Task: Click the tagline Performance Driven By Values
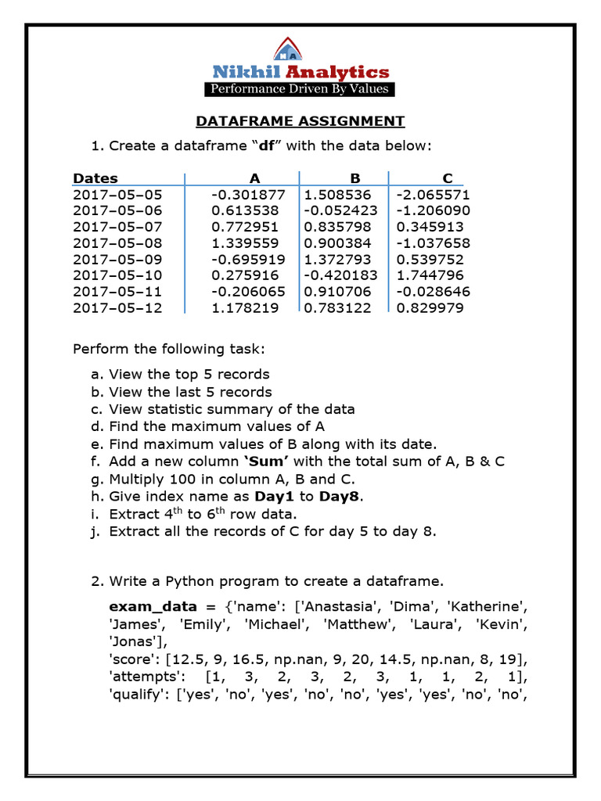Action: pos(300,89)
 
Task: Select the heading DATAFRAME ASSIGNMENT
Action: pos(300,121)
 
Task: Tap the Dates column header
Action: pos(95,178)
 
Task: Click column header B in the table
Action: pos(354,178)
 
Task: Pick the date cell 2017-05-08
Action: pos(117,243)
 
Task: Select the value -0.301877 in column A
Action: pos(248,195)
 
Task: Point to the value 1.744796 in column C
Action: pos(430,275)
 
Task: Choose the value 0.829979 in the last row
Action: pos(430,308)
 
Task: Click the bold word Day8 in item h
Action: pos(344,497)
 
